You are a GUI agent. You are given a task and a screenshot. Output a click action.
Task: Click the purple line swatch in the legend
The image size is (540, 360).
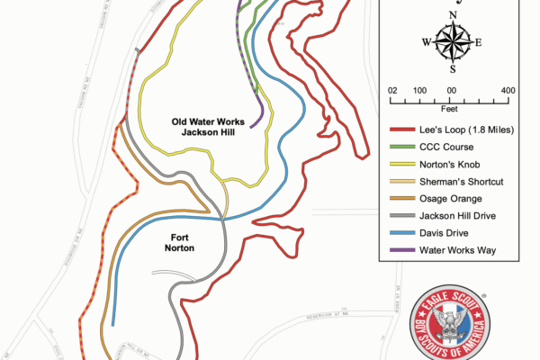pyautogui.click(x=400, y=249)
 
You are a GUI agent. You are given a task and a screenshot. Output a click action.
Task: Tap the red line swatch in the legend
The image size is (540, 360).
pyautogui.click(x=400, y=130)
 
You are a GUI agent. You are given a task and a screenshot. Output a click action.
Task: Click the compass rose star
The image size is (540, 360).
pyautogui.click(x=452, y=41)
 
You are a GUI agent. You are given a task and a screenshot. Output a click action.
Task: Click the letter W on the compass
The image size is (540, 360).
pyautogui.click(x=426, y=42)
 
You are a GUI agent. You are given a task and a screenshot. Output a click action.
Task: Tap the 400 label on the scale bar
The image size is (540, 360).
pyautogui.click(x=508, y=90)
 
